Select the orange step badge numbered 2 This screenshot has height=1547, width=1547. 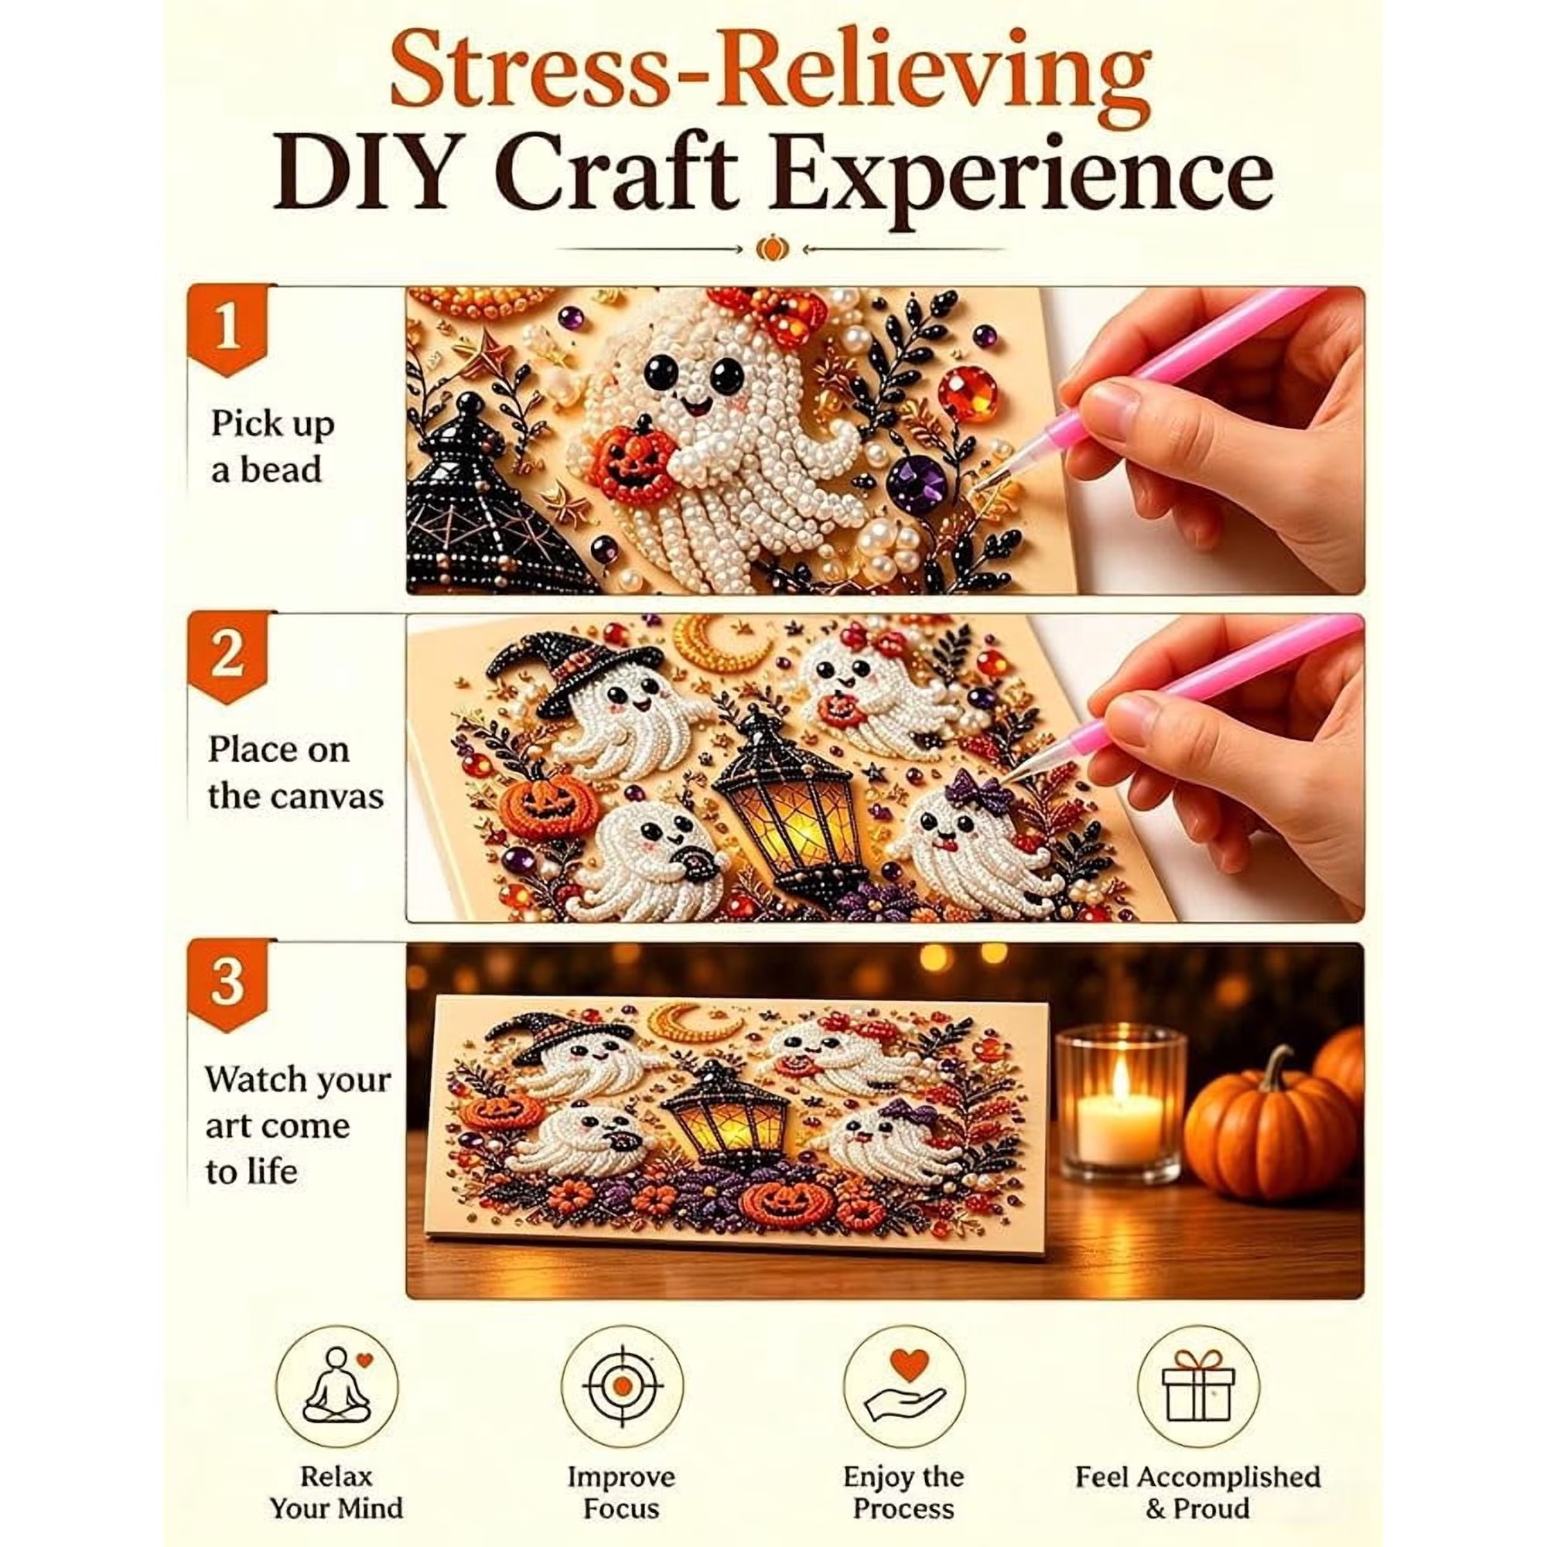[x=227, y=657]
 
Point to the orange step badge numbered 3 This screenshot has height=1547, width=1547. [x=227, y=985]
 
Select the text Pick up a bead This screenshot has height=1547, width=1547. [x=272, y=447]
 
